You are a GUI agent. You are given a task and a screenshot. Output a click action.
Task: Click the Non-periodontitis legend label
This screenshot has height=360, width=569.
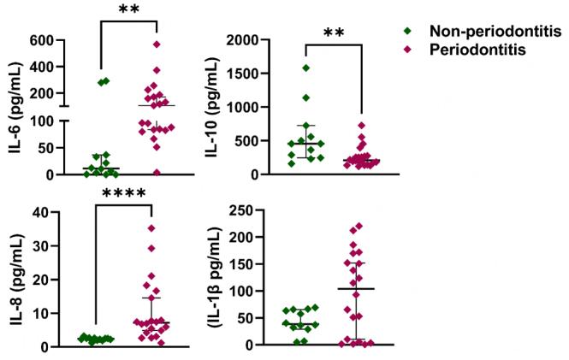pos(489,32)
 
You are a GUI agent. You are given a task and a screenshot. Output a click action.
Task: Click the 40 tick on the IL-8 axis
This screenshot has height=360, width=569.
pos(50,212)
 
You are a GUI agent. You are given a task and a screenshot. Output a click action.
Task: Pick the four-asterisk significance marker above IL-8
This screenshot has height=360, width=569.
pos(125,196)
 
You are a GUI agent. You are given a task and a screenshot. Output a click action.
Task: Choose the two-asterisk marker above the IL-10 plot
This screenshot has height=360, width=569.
pos(335,34)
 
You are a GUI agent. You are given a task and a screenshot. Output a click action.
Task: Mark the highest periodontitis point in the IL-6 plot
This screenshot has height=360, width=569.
pos(157,44)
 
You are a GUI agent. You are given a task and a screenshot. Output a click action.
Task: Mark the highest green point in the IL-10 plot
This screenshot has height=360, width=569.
pos(305,68)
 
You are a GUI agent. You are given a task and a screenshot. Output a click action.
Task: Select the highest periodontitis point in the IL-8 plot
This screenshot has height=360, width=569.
pos(151,228)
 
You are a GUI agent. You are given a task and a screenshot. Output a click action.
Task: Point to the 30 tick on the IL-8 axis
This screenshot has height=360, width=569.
pos(50,246)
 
